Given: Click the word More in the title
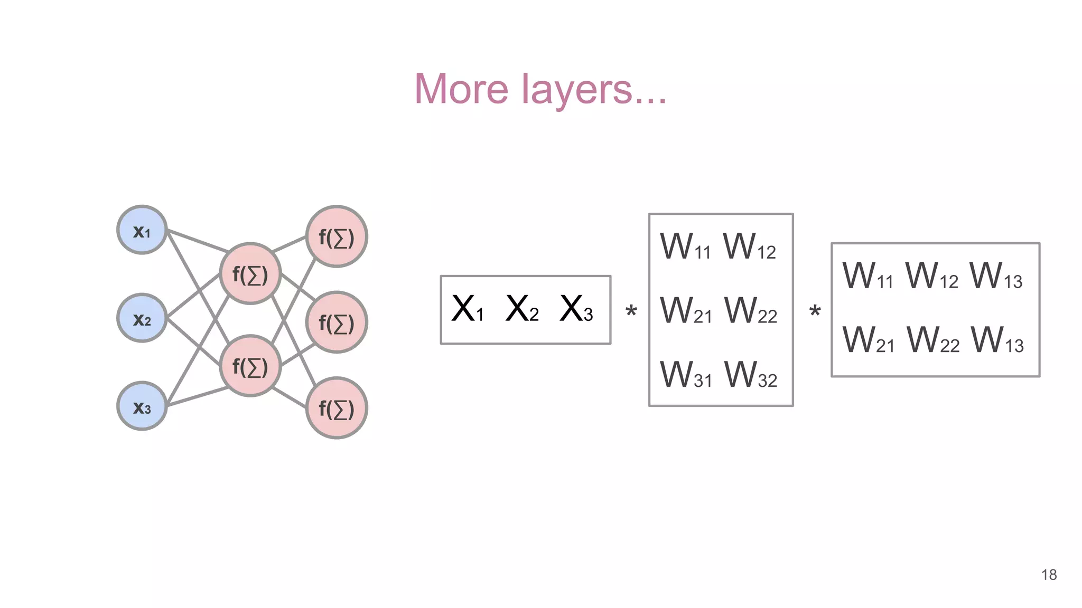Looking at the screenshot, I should tap(461, 89).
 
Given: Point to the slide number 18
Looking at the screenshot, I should tap(1049, 575).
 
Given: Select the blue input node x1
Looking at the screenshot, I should tap(142, 230).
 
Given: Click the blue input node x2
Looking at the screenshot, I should tap(142, 318).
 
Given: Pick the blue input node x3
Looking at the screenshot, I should tap(142, 406).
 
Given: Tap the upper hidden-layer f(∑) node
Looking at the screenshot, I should tap(250, 274).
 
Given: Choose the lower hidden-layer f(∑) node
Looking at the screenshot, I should tap(250, 366).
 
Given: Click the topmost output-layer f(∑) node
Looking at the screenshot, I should tap(337, 236).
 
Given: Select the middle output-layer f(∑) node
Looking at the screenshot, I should tap(337, 322).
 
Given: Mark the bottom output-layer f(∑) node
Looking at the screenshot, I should tap(337, 408).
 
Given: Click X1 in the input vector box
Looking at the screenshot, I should tap(468, 309).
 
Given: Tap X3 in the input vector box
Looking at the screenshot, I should tap(576, 309).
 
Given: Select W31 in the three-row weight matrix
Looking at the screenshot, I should tap(686, 375).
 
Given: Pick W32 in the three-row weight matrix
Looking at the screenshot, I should tap(751, 375).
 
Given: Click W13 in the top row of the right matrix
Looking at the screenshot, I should tap(996, 276).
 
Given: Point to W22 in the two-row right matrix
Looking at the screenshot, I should tap(933, 340).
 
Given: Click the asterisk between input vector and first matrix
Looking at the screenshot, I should tap(631, 311).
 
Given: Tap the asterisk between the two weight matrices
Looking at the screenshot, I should tap(815, 311).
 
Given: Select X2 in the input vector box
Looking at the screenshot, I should tap(522, 309).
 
